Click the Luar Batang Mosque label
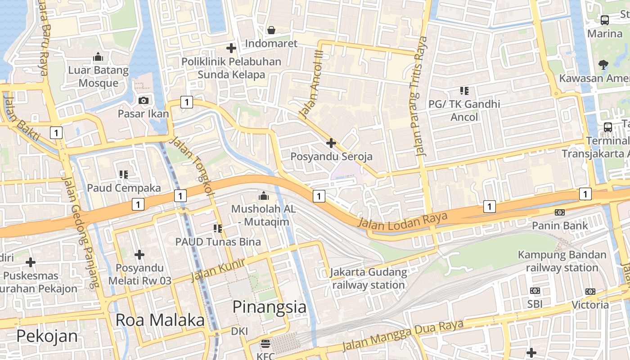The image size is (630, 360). pyautogui.click(x=98, y=76)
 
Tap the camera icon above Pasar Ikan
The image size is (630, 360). pyautogui.click(x=144, y=100)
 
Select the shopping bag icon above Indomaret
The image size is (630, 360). pyautogui.click(x=271, y=30)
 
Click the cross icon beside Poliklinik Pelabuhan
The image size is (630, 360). pyautogui.click(x=231, y=48)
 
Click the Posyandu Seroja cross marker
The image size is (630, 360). pyautogui.click(x=331, y=144)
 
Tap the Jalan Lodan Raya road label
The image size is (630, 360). pyautogui.click(x=403, y=221)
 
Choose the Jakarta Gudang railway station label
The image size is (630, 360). pyautogui.click(x=369, y=279)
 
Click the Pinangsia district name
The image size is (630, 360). pyautogui.click(x=269, y=307)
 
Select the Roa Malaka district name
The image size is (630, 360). pyautogui.click(x=160, y=320)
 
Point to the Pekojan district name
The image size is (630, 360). pyautogui.click(x=47, y=336)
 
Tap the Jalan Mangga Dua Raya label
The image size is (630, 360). pyautogui.click(x=403, y=334)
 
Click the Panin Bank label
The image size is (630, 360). pyautogui.click(x=560, y=225)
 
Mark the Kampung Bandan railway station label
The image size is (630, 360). pyautogui.click(x=562, y=261)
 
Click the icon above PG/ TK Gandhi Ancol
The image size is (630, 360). pyautogui.click(x=464, y=91)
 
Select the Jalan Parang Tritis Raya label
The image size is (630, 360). pyautogui.click(x=418, y=96)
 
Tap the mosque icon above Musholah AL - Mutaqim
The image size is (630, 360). pyautogui.click(x=263, y=196)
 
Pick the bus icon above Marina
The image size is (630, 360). pyautogui.click(x=605, y=20)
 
